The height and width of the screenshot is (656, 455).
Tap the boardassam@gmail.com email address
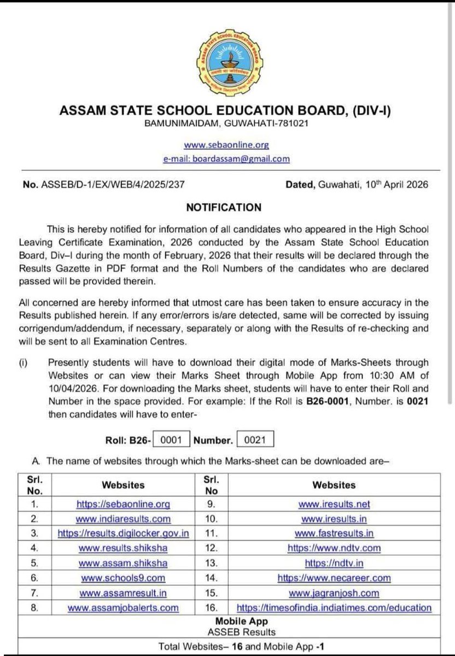[x=226, y=159]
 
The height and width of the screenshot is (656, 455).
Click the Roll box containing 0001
[x=172, y=439]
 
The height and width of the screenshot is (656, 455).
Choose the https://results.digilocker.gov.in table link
[x=124, y=533]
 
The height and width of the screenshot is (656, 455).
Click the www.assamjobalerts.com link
[x=124, y=607]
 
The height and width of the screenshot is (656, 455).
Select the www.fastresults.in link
[x=334, y=533]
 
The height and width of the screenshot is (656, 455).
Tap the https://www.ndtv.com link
[x=334, y=548]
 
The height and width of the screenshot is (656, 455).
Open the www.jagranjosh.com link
[x=334, y=593]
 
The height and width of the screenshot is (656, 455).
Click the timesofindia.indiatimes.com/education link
[x=334, y=607]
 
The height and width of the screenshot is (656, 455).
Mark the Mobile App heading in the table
[x=234, y=622]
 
